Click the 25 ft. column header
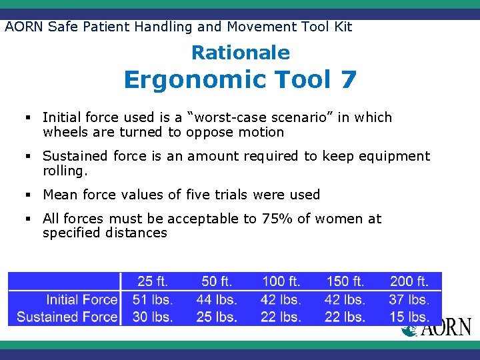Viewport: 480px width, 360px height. (x=153, y=281)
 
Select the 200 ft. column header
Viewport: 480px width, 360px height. (x=409, y=281)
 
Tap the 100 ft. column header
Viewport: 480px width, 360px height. (x=281, y=281)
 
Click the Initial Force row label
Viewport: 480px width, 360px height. (x=81, y=299)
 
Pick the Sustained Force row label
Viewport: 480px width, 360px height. (x=67, y=317)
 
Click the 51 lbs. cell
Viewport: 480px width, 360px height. (x=153, y=299)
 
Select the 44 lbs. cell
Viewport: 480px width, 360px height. (x=217, y=299)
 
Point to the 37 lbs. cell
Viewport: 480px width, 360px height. (x=409, y=299)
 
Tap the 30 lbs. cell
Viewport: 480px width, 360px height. (x=153, y=317)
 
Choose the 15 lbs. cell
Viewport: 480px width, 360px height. (x=409, y=317)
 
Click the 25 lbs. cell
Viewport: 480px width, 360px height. (x=217, y=317)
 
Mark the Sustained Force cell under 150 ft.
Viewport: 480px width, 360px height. (x=345, y=317)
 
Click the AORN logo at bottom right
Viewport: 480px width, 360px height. (x=437, y=327)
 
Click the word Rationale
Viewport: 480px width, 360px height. (x=241, y=53)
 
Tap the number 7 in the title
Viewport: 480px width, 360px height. (x=347, y=79)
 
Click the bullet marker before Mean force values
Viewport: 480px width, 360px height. (x=30, y=195)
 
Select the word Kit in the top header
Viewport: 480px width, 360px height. (x=342, y=27)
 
